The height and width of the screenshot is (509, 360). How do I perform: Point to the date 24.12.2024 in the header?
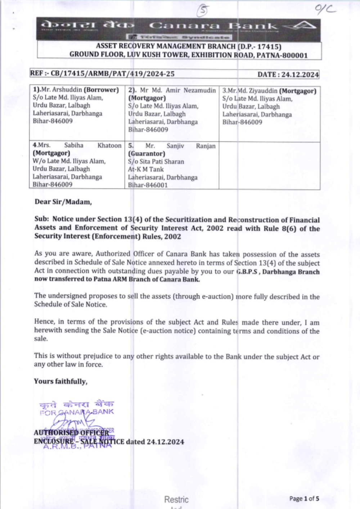[300, 74]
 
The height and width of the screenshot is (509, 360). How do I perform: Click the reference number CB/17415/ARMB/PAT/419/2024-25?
[112, 74]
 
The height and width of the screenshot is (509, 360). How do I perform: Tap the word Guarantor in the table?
[147, 154]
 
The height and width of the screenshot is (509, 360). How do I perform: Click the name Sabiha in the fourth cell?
[74, 145]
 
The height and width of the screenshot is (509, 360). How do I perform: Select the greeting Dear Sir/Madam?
[63, 202]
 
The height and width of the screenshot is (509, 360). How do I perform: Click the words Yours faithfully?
[60, 381]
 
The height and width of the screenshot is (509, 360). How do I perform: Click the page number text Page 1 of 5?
[304, 499]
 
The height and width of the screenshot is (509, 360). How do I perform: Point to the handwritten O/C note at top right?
[325, 9]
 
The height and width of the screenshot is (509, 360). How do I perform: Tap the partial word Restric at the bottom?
[176, 500]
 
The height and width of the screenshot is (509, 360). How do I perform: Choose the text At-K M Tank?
[146, 169]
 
